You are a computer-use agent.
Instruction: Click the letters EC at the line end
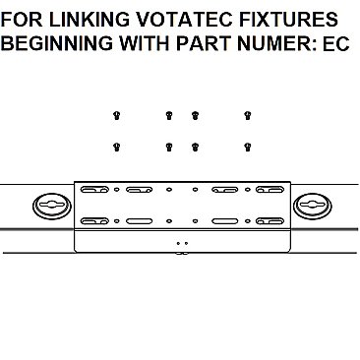coord(336,45)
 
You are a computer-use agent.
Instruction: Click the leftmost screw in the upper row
coord(118,115)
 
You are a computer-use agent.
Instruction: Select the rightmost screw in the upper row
coord(247,115)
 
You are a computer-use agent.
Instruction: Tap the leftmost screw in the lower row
coord(118,147)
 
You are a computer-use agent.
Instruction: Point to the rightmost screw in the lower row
coord(247,147)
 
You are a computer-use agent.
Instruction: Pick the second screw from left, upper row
coord(169,115)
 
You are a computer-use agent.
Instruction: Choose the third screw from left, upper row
coord(195,115)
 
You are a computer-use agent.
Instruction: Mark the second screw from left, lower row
coord(169,147)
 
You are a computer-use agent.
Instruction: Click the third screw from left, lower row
coord(195,147)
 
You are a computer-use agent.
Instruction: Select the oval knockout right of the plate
coord(312,206)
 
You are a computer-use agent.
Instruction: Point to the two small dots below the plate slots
coord(179,241)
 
